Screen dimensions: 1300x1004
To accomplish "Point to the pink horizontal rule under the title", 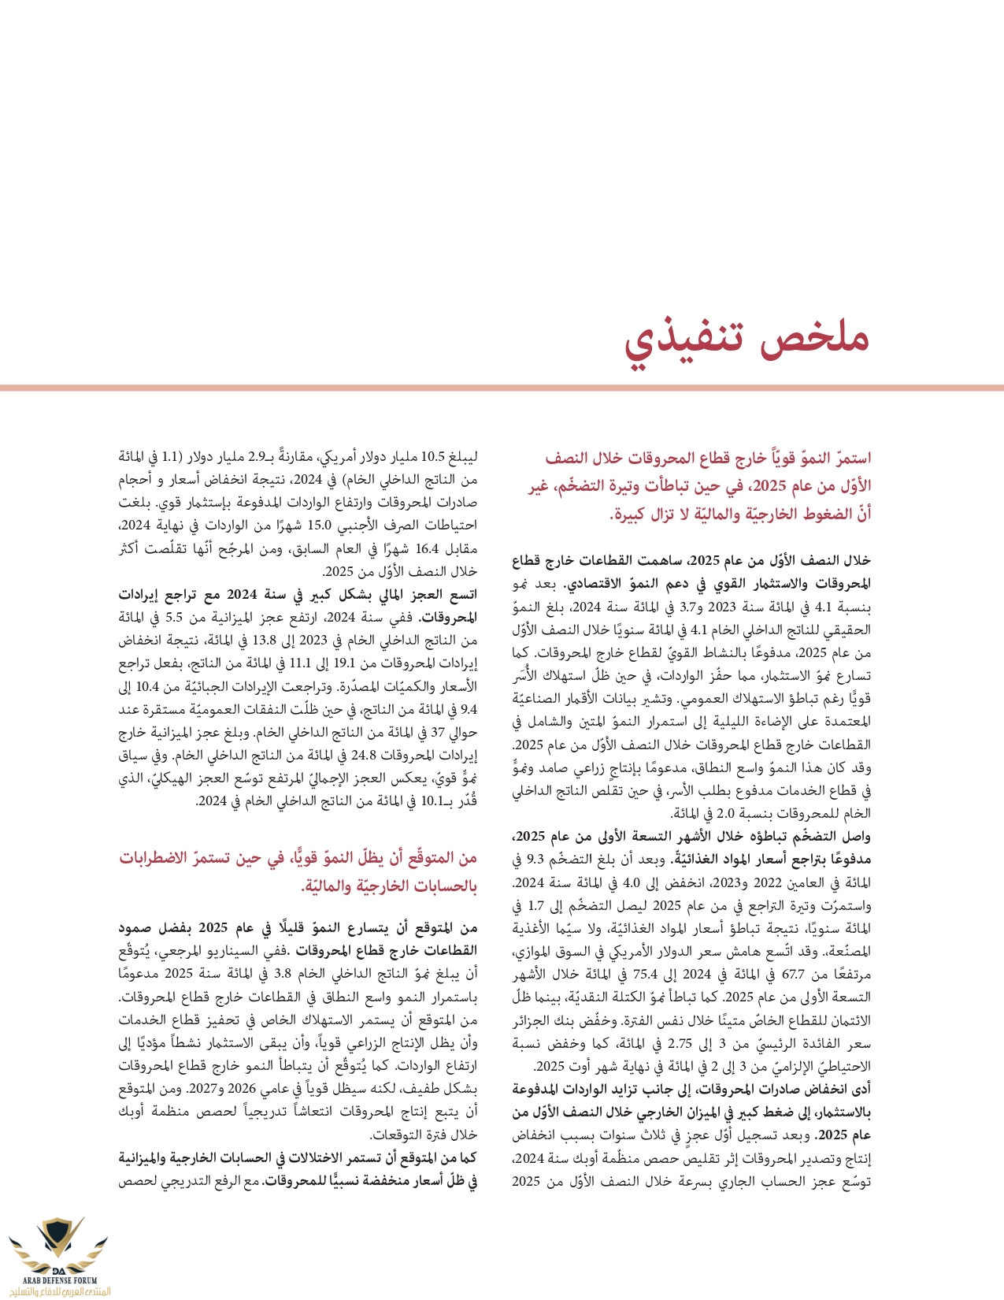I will coord(502,388).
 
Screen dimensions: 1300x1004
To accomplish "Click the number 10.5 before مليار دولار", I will coord(434,456).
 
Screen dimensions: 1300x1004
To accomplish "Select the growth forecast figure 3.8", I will coord(305,974).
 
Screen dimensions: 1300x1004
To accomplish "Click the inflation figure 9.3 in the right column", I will coord(535,860).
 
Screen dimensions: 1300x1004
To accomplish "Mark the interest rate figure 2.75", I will coord(680,1044).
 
